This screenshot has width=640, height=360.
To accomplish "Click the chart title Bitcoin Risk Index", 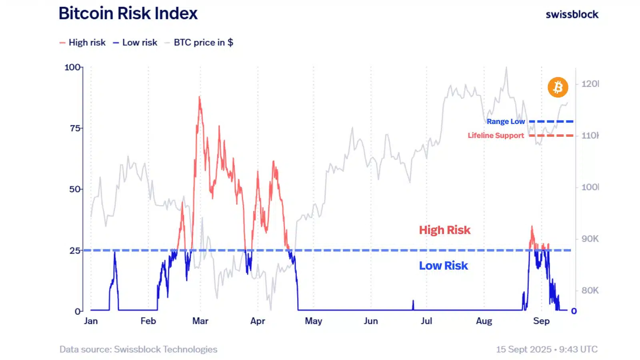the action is pos(128,14).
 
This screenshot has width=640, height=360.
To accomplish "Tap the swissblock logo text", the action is pos(572,14).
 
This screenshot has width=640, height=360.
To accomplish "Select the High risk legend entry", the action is pos(82,42).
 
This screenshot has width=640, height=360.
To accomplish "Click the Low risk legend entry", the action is pos(135,42).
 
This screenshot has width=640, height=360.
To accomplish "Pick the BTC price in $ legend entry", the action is pos(199,42).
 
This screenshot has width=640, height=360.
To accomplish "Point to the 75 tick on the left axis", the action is pos(75,128).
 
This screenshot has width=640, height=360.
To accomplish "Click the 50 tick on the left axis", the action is pos(75,189).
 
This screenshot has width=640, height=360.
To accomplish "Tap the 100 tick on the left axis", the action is pos(72,68).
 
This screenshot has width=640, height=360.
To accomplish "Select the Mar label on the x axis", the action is pos(200,321).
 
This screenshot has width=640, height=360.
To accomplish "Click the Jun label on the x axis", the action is pos(371,321).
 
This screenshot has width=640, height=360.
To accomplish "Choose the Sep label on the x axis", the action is pos(542,321).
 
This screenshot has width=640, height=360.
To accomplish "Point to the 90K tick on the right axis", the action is pos(590,238).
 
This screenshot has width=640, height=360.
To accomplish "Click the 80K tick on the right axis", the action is pos(590,290).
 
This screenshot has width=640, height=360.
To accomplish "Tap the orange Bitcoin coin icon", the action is pos(558,87).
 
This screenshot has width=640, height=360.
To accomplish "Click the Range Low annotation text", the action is pos(506,122).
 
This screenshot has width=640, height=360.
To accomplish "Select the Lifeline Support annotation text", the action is pos(496,136).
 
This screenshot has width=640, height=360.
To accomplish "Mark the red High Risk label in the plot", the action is pos(444,230).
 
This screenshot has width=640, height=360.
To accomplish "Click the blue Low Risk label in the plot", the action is pos(444,266).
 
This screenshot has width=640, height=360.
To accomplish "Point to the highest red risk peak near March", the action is pos(200,97).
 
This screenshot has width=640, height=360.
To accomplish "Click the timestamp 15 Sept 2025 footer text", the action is pos(546,349).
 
